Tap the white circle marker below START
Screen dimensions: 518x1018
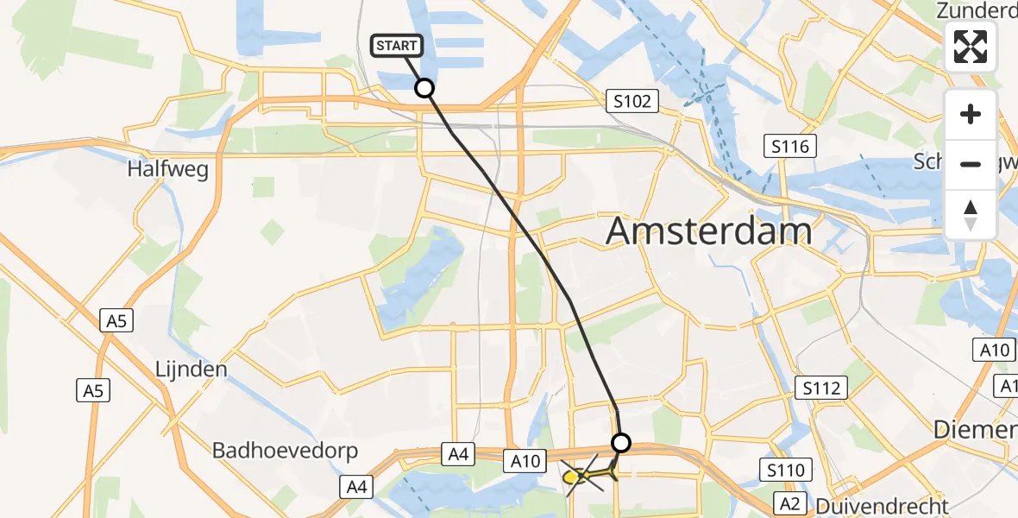[424, 88]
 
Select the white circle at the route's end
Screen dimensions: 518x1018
[621, 443]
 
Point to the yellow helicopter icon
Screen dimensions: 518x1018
[588, 474]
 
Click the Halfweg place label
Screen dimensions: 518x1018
[168, 169]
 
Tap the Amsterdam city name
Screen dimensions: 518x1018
[709, 231]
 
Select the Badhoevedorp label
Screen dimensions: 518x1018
[286, 452]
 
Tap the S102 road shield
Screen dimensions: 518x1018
[632, 102]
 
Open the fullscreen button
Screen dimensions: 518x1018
[971, 46]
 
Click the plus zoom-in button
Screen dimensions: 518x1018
[971, 114]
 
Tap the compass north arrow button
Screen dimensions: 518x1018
[971, 214]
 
